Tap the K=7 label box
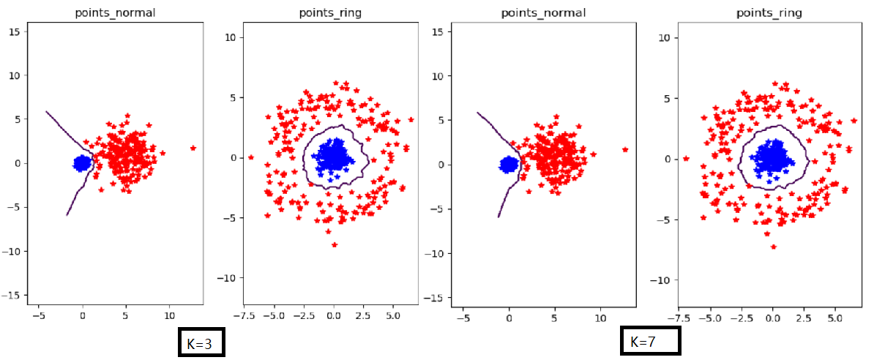pyautogui.click(x=650, y=340)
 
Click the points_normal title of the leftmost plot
pyautogui.click(x=116, y=12)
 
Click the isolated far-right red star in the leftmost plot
pyautogui.click(x=193, y=148)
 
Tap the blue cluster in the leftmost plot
pyautogui.click(x=83, y=162)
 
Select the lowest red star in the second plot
pyautogui.click(x=335, y=244)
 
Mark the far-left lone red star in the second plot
pyautogui.click(x=251, y=157)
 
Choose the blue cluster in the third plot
pyautogui.click(x=508, y=165)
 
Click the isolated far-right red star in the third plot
pyautogui.click(x=625, y=149)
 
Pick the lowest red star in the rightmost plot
pyautogui.click(x=773, y=247)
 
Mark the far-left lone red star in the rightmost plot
pyautogui.click(x=686, y=158)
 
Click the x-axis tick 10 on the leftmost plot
pyautogui.click(x=169, y=317)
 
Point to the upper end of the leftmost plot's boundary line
pyautogui.click(x=46, y=111)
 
